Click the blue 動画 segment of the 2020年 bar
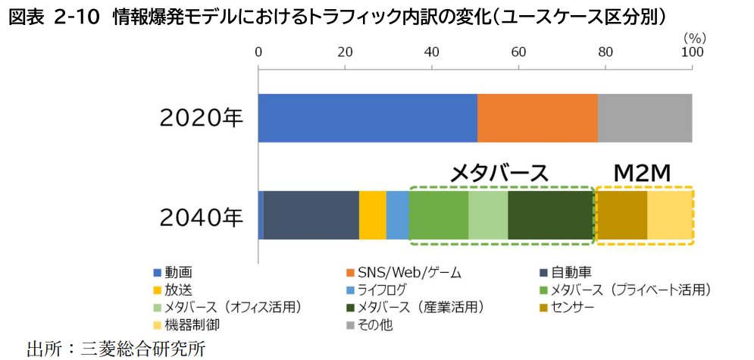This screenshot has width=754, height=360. point(368,118)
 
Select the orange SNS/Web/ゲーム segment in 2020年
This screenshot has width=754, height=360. point(537,118)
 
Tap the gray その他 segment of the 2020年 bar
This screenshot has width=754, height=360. point(645,118)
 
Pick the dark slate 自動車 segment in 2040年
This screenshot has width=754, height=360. point(311,215)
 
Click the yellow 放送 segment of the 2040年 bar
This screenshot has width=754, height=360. point(372,215)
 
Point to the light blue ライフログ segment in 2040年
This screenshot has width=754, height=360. point(397,215)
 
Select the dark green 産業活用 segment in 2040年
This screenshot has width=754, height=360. point(549,215)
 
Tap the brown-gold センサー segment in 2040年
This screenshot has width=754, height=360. point(622,215)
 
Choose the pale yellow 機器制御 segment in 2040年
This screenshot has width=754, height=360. point(670,215)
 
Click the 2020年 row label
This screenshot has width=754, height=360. point(201,119)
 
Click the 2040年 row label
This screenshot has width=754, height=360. point(201,217)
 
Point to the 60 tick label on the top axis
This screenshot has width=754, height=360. point(518,52)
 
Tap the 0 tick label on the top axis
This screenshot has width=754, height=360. point(258,52)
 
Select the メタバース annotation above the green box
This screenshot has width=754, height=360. point(499,173)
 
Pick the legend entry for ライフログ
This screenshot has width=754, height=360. point(382,290)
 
